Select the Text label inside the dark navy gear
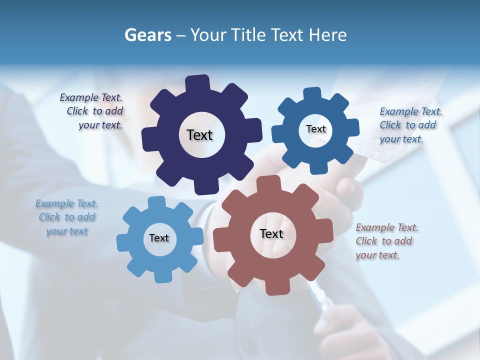[199, 135]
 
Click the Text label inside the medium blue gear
[315, 129]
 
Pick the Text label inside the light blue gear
[159, 238]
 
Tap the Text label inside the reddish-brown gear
[271, 233]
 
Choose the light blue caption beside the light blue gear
[66, 217]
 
